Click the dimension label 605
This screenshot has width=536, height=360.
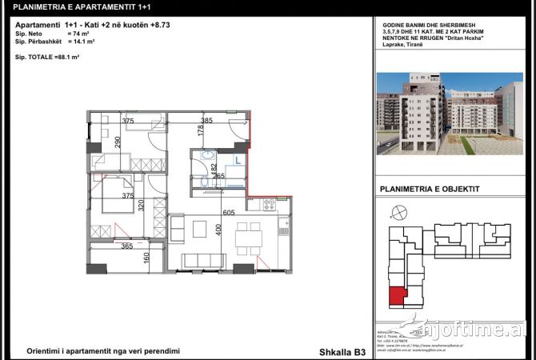(228, 213)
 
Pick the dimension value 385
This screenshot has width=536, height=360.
(206, 121)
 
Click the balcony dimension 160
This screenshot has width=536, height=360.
(146, 258)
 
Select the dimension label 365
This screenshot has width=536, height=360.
(127, 247)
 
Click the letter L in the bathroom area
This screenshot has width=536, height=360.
(237, 160)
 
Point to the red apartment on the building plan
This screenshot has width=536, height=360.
(396, 298)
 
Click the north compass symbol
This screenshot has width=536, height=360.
(392, 212)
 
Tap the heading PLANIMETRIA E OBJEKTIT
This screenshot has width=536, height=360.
(422, 190)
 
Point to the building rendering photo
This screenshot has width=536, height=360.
(449, 114)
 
